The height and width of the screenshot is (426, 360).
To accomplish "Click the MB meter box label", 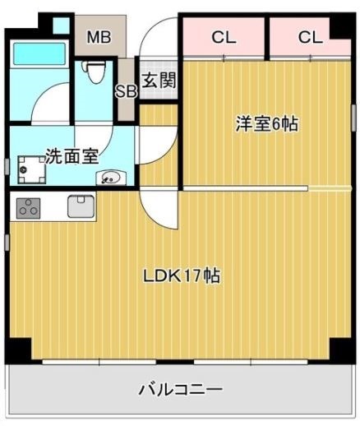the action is click(x=99, y=37).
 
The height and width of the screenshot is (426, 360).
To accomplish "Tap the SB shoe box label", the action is click(x=126, y=91).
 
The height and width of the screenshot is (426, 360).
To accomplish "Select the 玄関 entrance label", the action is click(x=159, y=80).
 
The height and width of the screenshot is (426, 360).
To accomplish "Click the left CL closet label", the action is click(x=224, y=37).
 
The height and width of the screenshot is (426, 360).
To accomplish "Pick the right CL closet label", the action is click(x=310, y=37).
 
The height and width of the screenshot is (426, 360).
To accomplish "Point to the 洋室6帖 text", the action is click(x=267, y=124).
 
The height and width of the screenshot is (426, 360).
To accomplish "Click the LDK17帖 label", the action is click(x=182, y=276).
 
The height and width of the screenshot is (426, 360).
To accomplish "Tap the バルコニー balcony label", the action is click(x=181, y=389).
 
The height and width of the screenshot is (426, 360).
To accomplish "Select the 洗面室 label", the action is click(x=72, y=156).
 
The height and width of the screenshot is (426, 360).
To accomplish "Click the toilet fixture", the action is click(x=94, y=72).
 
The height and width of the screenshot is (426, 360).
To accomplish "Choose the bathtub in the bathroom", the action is click(x=39, y=53).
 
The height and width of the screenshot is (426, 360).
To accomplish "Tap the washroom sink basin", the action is click(x=111, y=178).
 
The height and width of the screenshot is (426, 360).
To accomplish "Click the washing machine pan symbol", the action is click(x=31, y=170).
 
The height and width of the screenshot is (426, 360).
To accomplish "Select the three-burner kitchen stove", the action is click(x=29, y=208).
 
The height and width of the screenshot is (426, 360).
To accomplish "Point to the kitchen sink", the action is click(x=81, y=206).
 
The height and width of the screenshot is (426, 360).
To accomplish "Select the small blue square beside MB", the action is click(x=61, y=25).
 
